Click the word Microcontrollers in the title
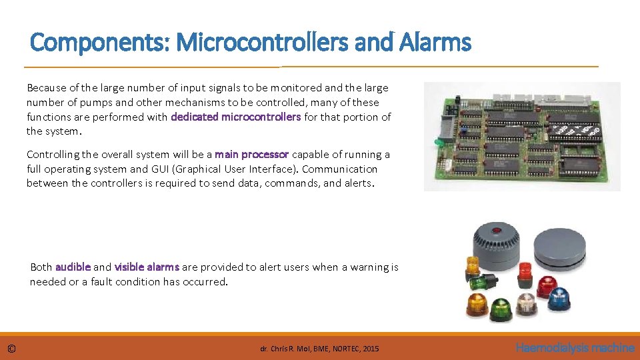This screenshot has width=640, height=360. [261, 43]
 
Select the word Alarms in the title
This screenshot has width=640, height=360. [436, 43]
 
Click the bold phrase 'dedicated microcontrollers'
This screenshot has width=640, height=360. [236, 117]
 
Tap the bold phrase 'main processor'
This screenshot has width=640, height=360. [251, 155]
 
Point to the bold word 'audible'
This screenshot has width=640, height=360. [73, 267]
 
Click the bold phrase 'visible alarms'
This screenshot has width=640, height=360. [147, 267]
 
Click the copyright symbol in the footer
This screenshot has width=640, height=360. [12, 349]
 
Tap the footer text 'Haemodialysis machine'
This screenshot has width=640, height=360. [575, 348]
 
